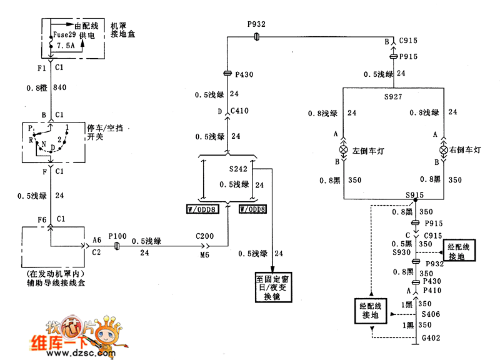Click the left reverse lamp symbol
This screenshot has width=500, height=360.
344,151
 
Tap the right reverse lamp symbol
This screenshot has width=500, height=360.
444,151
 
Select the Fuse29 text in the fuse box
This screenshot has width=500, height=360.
65,36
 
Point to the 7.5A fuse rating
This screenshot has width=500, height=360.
65,46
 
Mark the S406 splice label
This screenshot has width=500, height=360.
431,314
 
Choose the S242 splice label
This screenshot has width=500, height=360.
238,169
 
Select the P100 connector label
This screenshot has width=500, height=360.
117,237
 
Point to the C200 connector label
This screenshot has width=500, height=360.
204,237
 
